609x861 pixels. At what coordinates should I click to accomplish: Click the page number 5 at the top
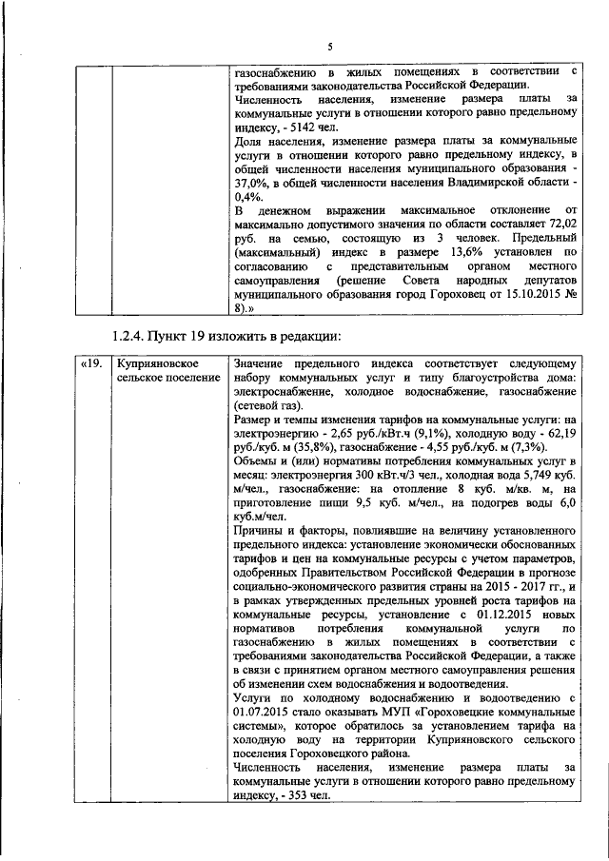click(x=330, y=47)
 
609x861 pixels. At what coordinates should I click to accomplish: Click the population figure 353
click(x=301, y=797)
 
